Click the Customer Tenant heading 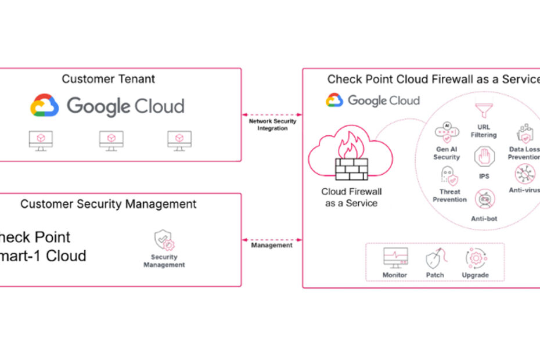pos(109,79)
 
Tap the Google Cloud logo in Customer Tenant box pos(107,107)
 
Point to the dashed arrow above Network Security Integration pos(272,114)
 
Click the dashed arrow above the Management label pos(272,239)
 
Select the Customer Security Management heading pos(109,204)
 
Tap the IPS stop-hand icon pos(483,157)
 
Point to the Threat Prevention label pos(449,196)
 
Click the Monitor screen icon pos(395,258)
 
